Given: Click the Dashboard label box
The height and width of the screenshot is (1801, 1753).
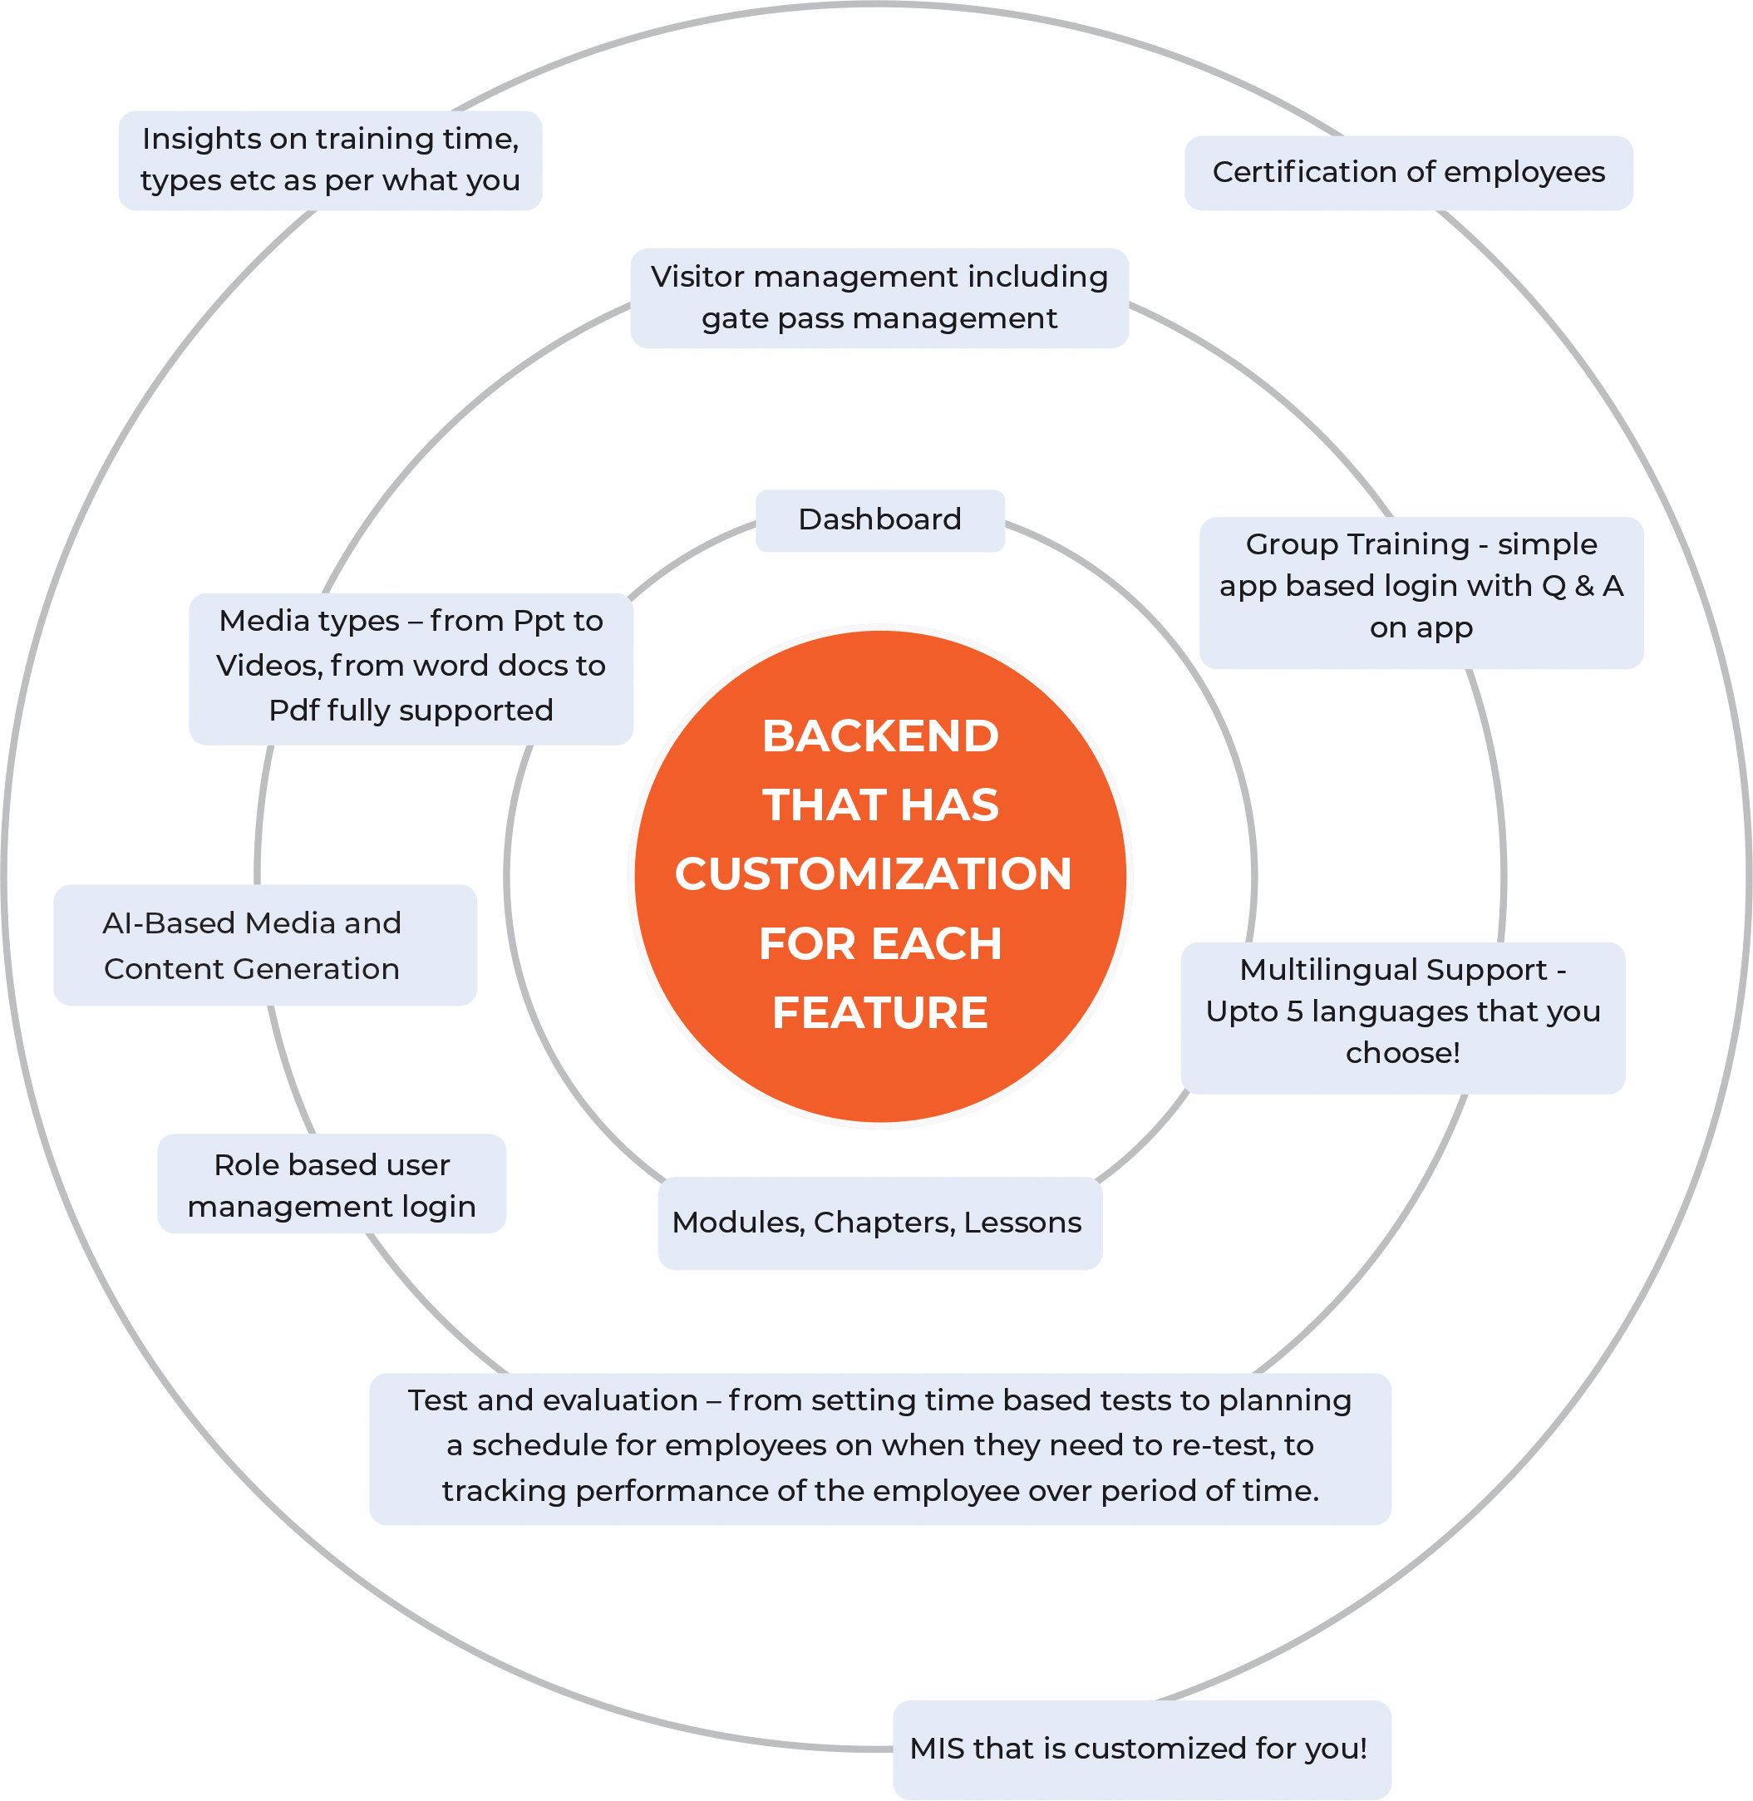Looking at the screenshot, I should point(879,520).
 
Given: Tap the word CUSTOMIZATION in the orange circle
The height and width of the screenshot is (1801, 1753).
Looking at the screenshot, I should point(873,873).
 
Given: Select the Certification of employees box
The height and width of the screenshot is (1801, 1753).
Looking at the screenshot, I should point(1408,172).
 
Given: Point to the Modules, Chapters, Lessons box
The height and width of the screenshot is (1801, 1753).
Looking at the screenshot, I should point(879,1223).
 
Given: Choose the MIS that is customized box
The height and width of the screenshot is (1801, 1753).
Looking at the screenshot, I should point(1140,1748).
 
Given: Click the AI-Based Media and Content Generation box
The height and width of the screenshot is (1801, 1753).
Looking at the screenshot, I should point(264,946).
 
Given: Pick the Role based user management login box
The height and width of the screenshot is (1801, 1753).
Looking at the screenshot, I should point(332,1184).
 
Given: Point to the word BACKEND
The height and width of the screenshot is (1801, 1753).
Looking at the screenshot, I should point(880,736).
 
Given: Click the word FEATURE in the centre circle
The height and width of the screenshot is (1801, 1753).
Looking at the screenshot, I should point(880,1013).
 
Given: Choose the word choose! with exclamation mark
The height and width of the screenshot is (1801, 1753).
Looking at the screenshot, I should point(1402,1052).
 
